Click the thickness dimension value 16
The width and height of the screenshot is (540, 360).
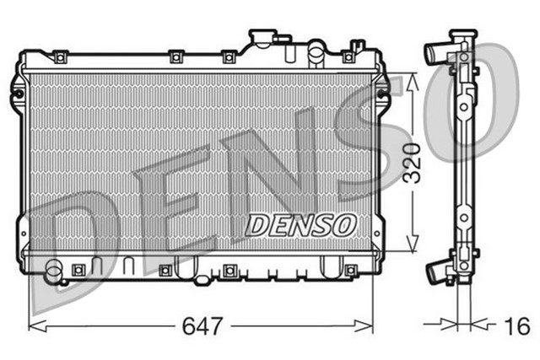pyautogui.click(x=516, y=325)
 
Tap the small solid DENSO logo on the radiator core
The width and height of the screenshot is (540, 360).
pyautogui.click(x=301, y=225)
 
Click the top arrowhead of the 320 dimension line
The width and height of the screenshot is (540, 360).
pyautogui.click(x=412, y=78)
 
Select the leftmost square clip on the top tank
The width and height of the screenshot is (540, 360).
pyautogui.click(x=60, y=56)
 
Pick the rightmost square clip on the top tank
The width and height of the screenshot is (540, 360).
pyautogui.click(x=347, y=56)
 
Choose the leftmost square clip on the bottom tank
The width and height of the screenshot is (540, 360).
pyautogui.click(x=79, y=270)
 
